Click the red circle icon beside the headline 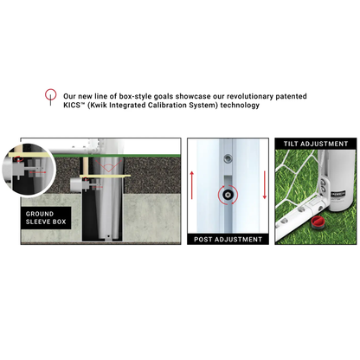pyautogui.click(x=50, y=94)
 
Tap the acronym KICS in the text pyautogui.click(x=72, y=105)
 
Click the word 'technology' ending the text pyautogui.click(x=240, y=106)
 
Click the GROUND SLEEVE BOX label pyautogui.click(x=46, y=218)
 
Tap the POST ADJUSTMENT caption pyautogui.click(x=228, y=240)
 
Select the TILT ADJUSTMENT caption pyautogui.click(x=316, y=144)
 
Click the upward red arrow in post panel pyautogui.click(x=192, y=185)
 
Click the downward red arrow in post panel pyautogui.click(x=264, y=185)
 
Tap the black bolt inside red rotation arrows pyautogui.click(x=228, y=195)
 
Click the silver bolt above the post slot pyautogui.click(x=228, y=158)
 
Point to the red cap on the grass pyautogui.click(x=318, y=222)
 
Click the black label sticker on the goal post pyautogui.click(x=338, y=195)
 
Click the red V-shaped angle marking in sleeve pyautogui.click(x=108, y=166)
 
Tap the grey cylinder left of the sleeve pyautogui.click(x=75, y=184)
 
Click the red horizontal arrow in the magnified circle pyautogui.click(x=37, y=172)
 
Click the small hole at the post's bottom pyautogui.click(x=108, y=235)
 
